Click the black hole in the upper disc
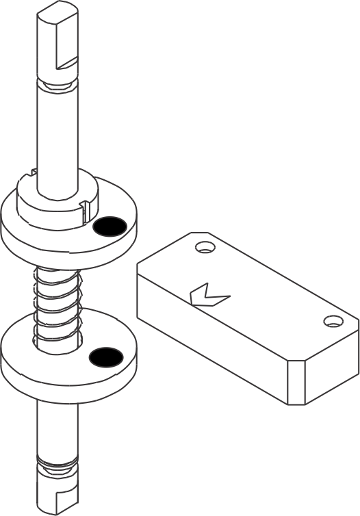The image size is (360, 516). [x=110, y=226]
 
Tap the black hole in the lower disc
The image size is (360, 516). [x=106, y=356]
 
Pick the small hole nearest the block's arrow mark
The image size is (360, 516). [x=203, y=247]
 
